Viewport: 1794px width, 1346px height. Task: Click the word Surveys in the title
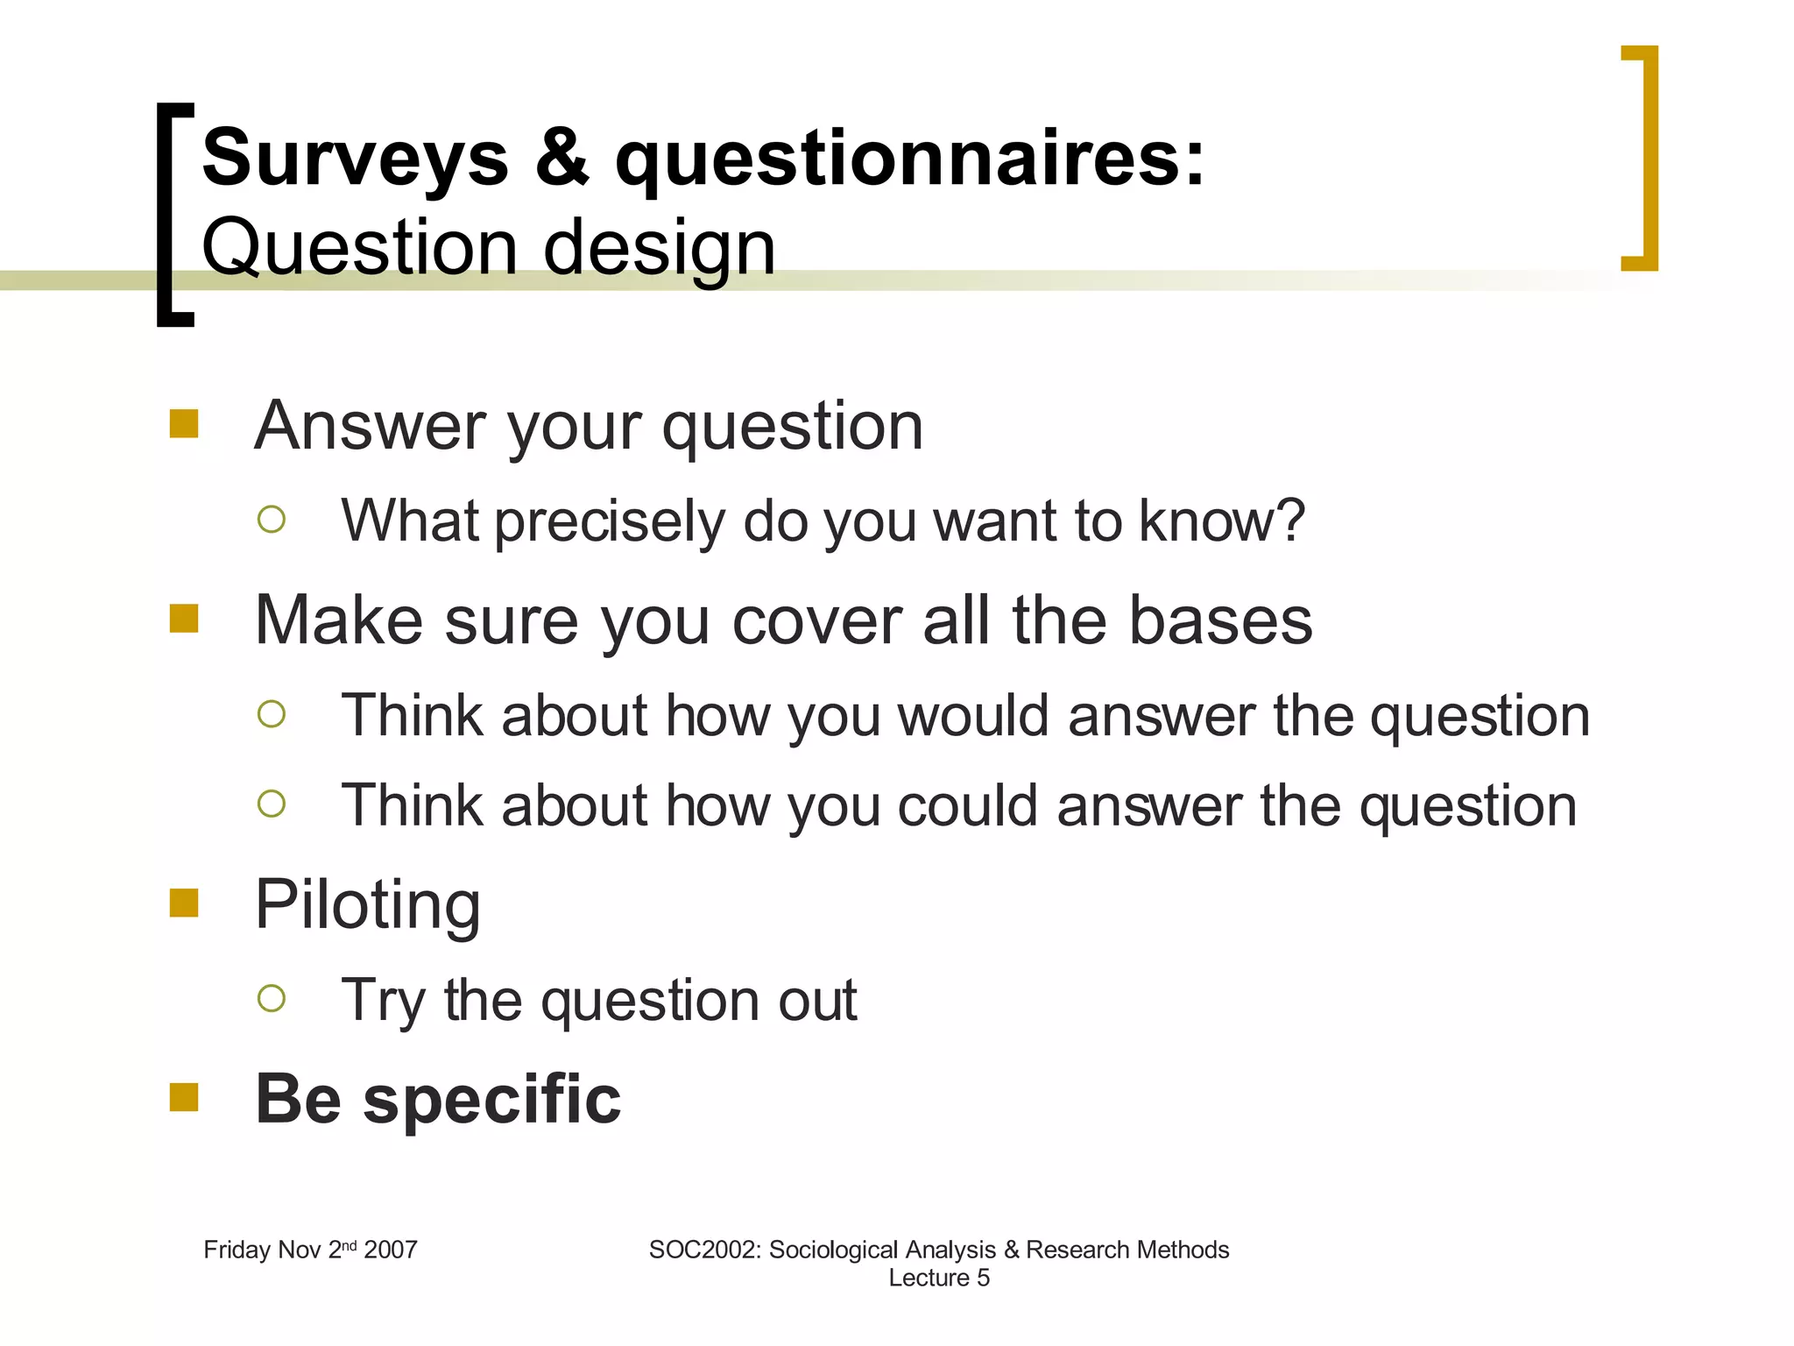pyautogui.click(x=355, y=158)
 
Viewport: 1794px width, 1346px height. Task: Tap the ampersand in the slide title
pyautogui.click(x=562, y=158)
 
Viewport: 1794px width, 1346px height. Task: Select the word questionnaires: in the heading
pyautogui.click(x=910, y=159)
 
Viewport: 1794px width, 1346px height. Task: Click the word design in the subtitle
pyautogui.click(x=659, y=248)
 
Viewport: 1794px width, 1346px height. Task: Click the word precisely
pyautogui.click(x=610, y=521)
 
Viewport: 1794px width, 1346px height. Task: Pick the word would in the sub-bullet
pyautogui.click(x=972, y=715)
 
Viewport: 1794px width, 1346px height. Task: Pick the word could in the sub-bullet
pyautogui.click(x=967, y=805)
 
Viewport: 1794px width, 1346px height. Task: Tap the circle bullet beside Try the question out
pyautogui.click(x=272, y=998)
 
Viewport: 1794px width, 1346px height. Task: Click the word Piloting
pyautogui.click(x=367, y=905)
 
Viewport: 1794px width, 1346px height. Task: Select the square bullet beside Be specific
pyautogui.click(x=184, y=1096)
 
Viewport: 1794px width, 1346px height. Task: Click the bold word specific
pyautogui.click(x=491, y=1100)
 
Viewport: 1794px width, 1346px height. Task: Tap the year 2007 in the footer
pyautogui.click(x=391, y=1250)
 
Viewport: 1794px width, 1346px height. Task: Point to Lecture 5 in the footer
pyautogui.click(x=938, y=1278)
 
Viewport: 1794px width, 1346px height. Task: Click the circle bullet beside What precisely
pyautogui.click(x=272, y=520)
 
